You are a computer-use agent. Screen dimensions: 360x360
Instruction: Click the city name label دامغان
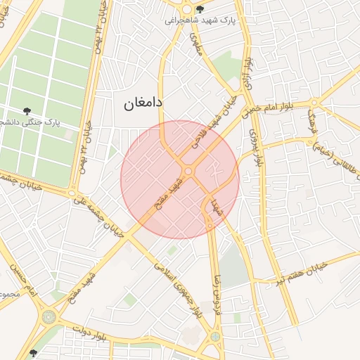(143, 103)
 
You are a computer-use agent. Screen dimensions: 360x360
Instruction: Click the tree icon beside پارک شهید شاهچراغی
(200, 10)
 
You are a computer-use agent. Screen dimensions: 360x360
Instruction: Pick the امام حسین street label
(19, 277)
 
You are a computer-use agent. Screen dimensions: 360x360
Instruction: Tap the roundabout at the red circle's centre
(188, 172)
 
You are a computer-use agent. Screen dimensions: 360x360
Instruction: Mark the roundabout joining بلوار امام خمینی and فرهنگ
(314, 103)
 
